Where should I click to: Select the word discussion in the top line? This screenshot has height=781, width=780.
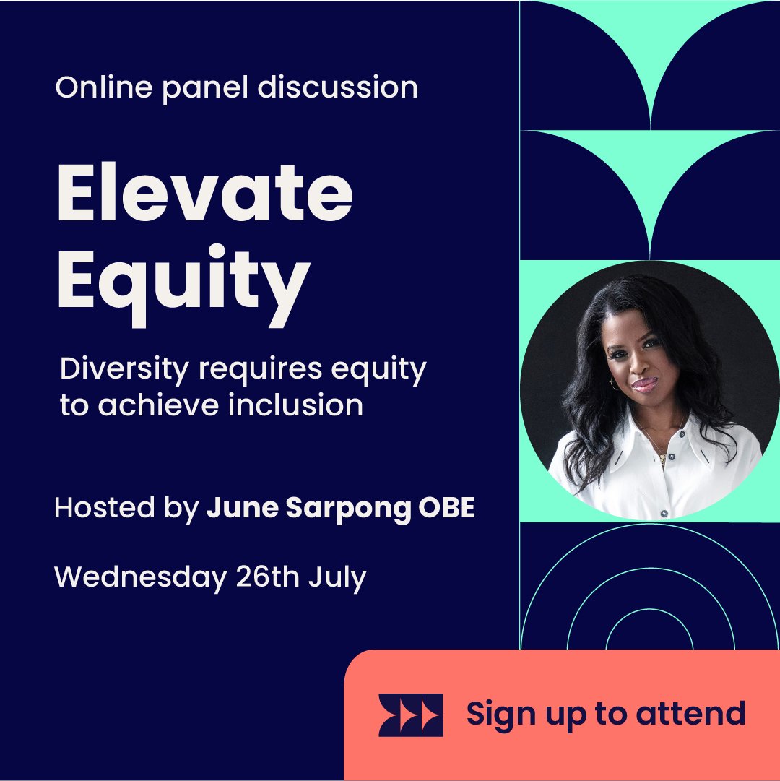point(337,87)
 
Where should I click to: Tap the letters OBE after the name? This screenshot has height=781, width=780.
point(446,509)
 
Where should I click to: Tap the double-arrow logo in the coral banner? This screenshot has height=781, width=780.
point(411,715)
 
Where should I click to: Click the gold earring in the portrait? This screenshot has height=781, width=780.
point(615,384)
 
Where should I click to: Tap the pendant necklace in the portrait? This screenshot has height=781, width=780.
point(662,457)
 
